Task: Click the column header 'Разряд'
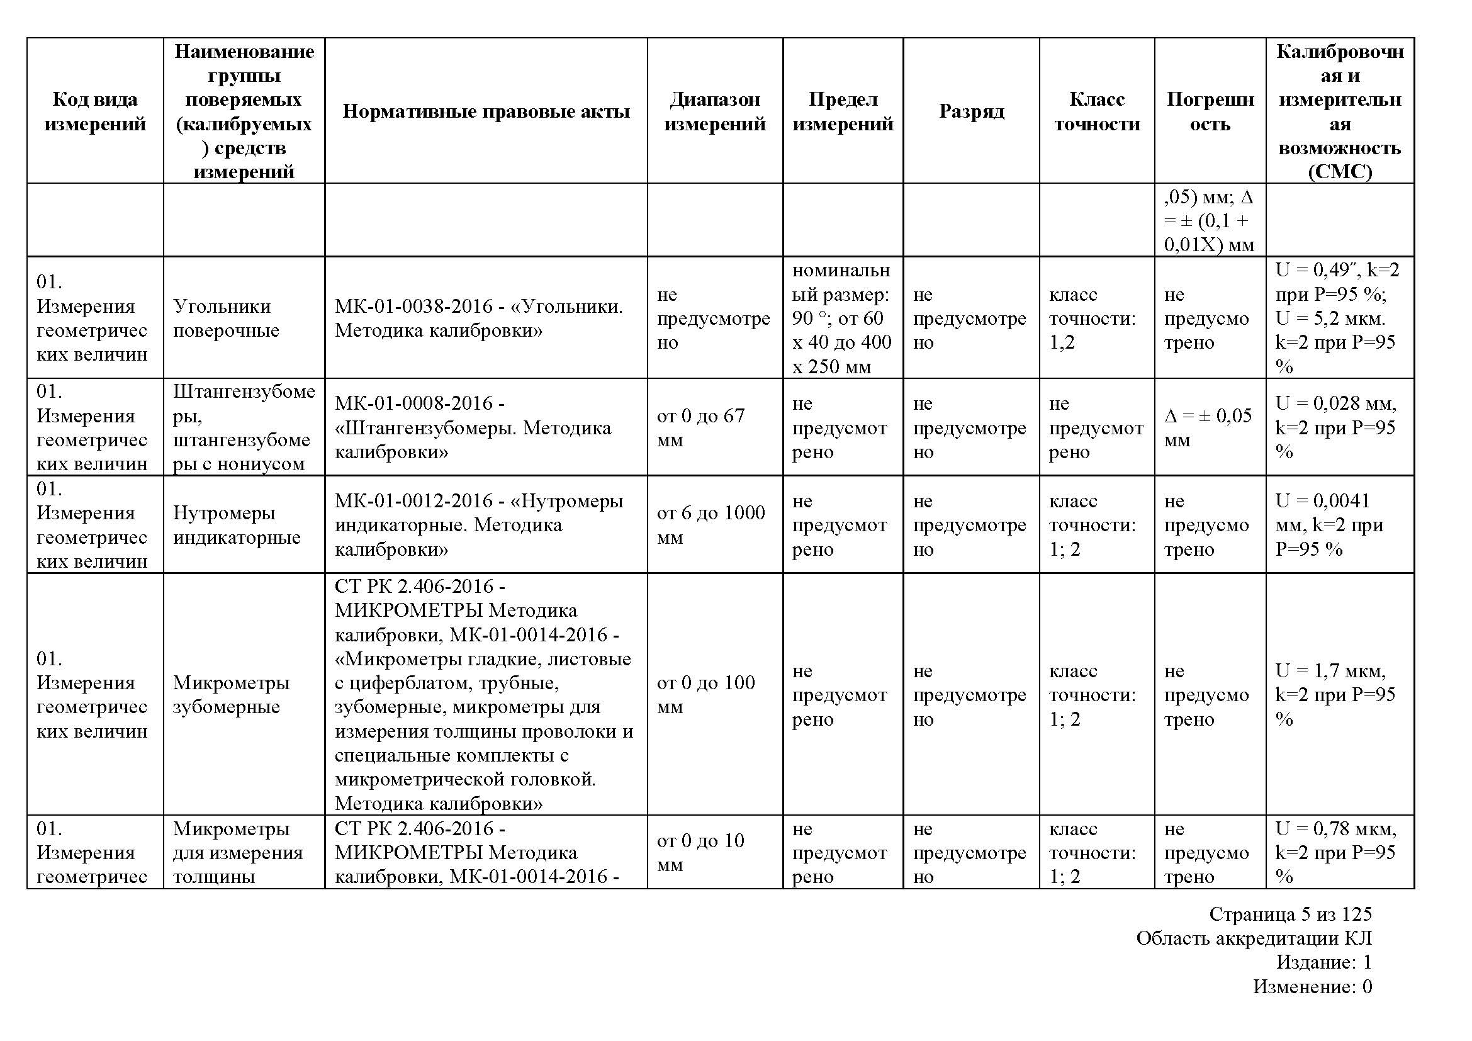[x=970, y=111]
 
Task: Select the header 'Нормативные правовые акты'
[x=485, y=111]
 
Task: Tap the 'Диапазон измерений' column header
[x=714, y=111]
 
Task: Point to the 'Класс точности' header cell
[x=1096, y=111]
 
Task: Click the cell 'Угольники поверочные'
[x=226, y=318]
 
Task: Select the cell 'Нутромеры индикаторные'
[x=236, y=524]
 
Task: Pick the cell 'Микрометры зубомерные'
[x=231, y=694]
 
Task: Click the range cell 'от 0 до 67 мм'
[x=700, y=427]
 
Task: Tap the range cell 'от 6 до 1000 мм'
[x=711, y=524]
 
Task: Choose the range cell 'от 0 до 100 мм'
[x=705, y=694]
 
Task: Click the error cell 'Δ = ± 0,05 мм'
[x=1208, y=427]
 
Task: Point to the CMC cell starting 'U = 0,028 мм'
[x=1335, y=427]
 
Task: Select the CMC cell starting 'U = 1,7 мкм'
[x=1335, y=694]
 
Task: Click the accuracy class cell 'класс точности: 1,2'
[x=1092, y=318]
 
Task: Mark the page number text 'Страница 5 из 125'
[x=1290, y=914]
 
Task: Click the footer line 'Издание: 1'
[x=1323, y=962]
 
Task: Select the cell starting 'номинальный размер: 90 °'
[x=841, y=318]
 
